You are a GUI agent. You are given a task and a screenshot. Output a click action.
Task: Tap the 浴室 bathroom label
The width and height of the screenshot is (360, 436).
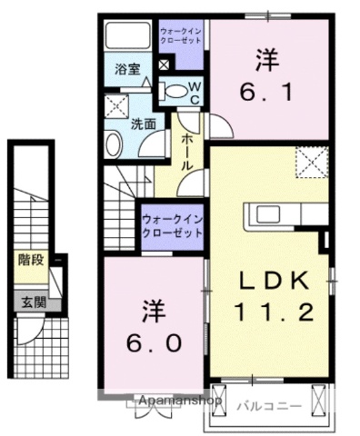point(125,68)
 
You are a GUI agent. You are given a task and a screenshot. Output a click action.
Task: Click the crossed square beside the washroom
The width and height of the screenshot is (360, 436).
point(115,104)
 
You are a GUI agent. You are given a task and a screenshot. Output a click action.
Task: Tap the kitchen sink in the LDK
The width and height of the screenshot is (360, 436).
point(270,214)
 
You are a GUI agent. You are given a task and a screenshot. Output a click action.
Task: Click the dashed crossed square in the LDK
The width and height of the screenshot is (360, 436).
point(311,163)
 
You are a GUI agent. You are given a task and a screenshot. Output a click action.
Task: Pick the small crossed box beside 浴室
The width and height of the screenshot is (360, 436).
point(163,64)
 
